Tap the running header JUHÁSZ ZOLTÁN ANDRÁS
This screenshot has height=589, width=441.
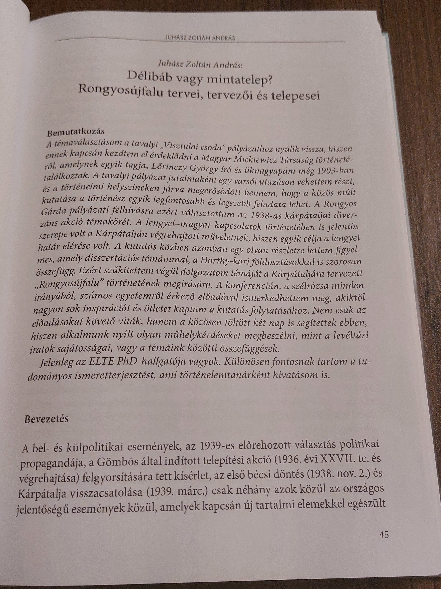pyautogui.click(x=200, y=38)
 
